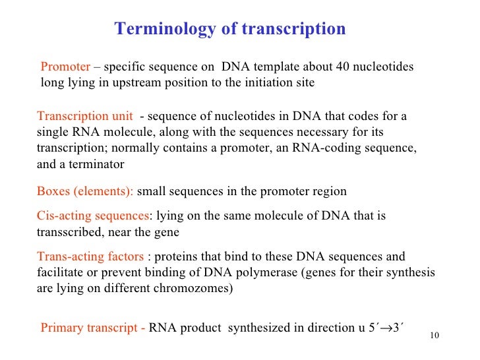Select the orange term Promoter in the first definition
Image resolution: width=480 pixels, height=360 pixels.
[x=65, y=67]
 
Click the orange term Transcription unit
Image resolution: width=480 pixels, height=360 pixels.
[x=85, y=116]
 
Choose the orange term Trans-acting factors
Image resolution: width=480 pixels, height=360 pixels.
[x=90, y=256]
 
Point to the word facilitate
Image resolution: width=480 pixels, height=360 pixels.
[x=60, y=272]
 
